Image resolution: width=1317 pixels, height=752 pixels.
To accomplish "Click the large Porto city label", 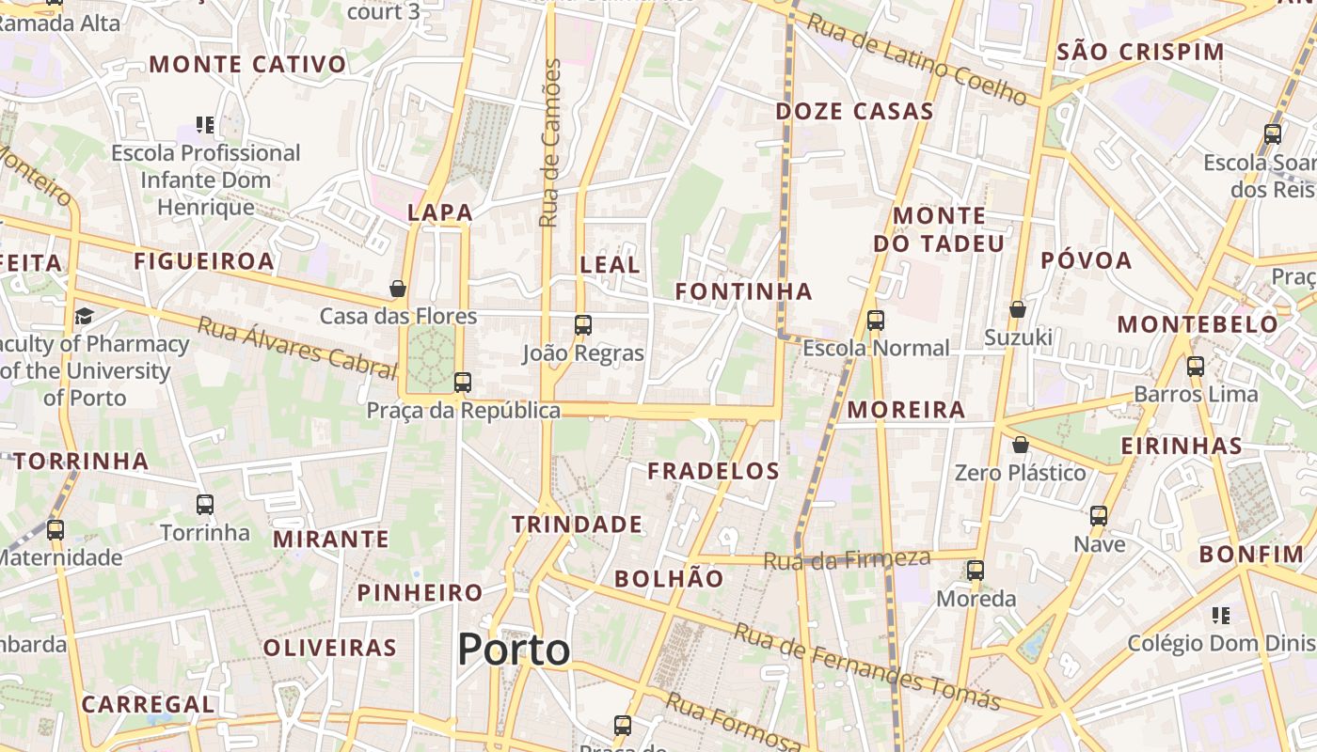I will click(514, 650).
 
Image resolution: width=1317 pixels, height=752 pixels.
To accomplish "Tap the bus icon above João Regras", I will click(583, 325).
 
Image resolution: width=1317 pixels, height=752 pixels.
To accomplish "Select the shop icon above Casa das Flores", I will click(398, 288).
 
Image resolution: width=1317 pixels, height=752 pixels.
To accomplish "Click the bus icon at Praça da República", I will click(462, 383).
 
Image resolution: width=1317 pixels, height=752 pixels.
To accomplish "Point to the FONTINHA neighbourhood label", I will click(743, 291).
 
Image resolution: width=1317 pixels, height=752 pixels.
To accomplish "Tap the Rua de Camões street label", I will click(550, 143).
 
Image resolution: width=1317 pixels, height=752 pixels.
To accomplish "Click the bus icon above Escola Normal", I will click(876, 321).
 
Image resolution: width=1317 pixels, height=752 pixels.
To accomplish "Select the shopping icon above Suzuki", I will click(1017, 309).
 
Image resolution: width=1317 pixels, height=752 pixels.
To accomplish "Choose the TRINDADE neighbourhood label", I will click(578, 525).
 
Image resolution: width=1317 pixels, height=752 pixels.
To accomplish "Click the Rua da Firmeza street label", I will click(847, 560).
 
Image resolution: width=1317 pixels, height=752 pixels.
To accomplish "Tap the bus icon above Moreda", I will click(976, 571).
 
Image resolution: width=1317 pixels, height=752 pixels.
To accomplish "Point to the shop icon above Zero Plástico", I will click(1021, 445).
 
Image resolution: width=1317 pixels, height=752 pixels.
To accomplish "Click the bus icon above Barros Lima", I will click(1196, 367).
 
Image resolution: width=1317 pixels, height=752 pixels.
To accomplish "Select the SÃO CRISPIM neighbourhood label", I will click(1140, 52).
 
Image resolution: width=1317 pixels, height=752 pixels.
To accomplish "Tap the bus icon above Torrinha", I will click(205, 505).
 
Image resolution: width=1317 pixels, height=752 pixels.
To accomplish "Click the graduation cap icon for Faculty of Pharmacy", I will click(84, 316).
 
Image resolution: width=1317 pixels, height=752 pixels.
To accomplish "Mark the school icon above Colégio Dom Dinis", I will click(1221, 616).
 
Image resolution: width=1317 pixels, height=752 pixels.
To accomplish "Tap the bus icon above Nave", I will click(1099, 516).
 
